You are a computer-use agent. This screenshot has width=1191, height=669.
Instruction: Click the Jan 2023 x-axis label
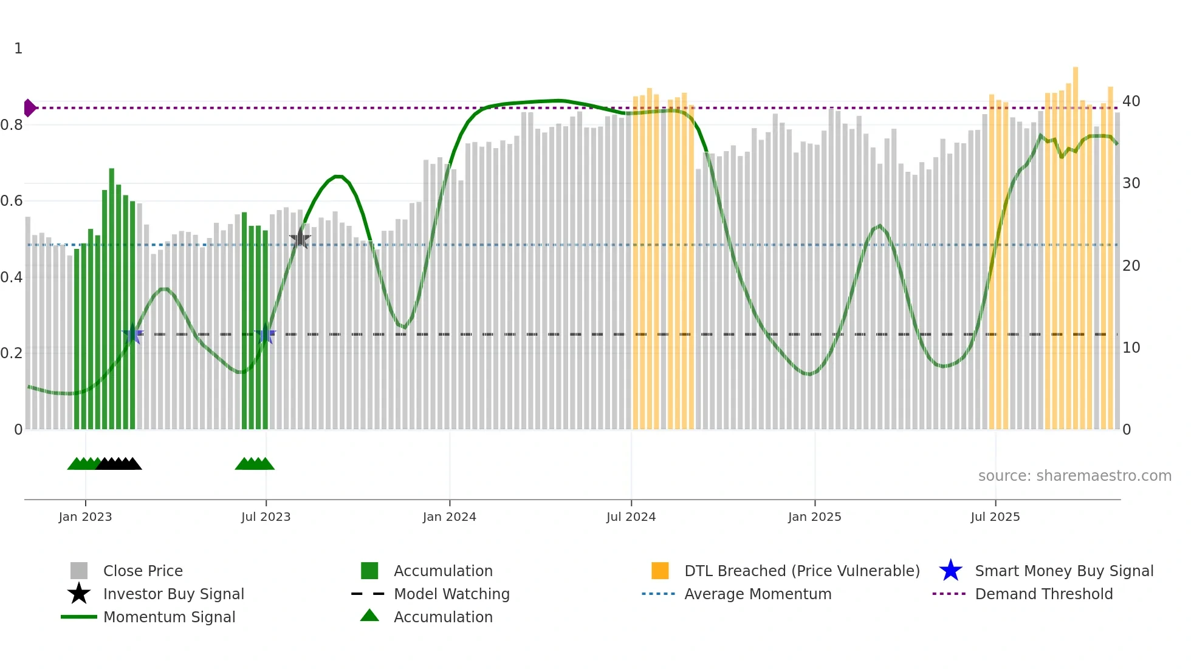85,517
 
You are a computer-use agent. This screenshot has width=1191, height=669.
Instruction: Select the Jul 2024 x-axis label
631,517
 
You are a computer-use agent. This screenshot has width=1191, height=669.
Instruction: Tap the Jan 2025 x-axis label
814,517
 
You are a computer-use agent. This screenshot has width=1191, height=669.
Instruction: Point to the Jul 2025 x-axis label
995,517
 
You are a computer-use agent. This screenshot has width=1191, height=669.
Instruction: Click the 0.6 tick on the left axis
12,201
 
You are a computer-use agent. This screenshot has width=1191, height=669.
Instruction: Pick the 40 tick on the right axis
1131,101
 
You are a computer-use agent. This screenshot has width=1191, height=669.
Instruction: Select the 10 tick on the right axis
1131,348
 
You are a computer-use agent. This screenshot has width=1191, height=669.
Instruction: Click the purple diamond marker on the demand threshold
29,108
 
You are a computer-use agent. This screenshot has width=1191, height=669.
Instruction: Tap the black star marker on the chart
300,239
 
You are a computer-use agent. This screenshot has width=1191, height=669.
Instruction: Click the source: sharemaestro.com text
1074,476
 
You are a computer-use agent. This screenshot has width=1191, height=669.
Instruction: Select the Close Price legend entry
143,571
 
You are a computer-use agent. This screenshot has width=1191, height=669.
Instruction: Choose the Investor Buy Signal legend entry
173,594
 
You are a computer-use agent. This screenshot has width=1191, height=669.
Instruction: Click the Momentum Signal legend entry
169,617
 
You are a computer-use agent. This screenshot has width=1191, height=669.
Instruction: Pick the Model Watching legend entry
451,594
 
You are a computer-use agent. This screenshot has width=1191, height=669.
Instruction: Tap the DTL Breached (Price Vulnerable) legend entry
801,571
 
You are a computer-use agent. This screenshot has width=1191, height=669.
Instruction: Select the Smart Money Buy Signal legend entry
1063,571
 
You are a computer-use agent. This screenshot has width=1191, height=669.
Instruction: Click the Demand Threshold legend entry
1043,594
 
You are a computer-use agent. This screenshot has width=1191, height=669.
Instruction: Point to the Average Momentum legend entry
757,594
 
